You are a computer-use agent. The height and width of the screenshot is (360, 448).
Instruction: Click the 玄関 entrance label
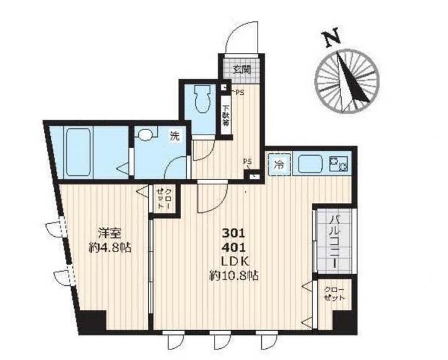241,70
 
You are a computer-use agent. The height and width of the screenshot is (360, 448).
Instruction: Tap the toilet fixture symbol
202,98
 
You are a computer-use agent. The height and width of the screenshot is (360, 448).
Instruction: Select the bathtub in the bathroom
78,153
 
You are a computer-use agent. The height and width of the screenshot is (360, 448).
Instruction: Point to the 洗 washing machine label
175,136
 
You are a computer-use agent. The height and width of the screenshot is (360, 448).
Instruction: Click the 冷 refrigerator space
279,164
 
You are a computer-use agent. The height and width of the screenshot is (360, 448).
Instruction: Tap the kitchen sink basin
310,164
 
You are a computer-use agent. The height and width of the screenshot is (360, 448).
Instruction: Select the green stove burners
338,164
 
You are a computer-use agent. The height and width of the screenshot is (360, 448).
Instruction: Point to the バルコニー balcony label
334,242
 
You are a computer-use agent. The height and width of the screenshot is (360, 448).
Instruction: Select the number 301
234,234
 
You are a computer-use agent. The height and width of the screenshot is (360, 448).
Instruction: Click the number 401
234,247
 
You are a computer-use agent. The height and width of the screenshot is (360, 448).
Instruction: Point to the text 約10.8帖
234,275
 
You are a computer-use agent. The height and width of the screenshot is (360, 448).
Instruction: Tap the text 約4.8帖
110,248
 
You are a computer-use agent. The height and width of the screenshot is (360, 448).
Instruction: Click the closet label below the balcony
334,293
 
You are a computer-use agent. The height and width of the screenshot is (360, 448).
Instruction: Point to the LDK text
235,261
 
